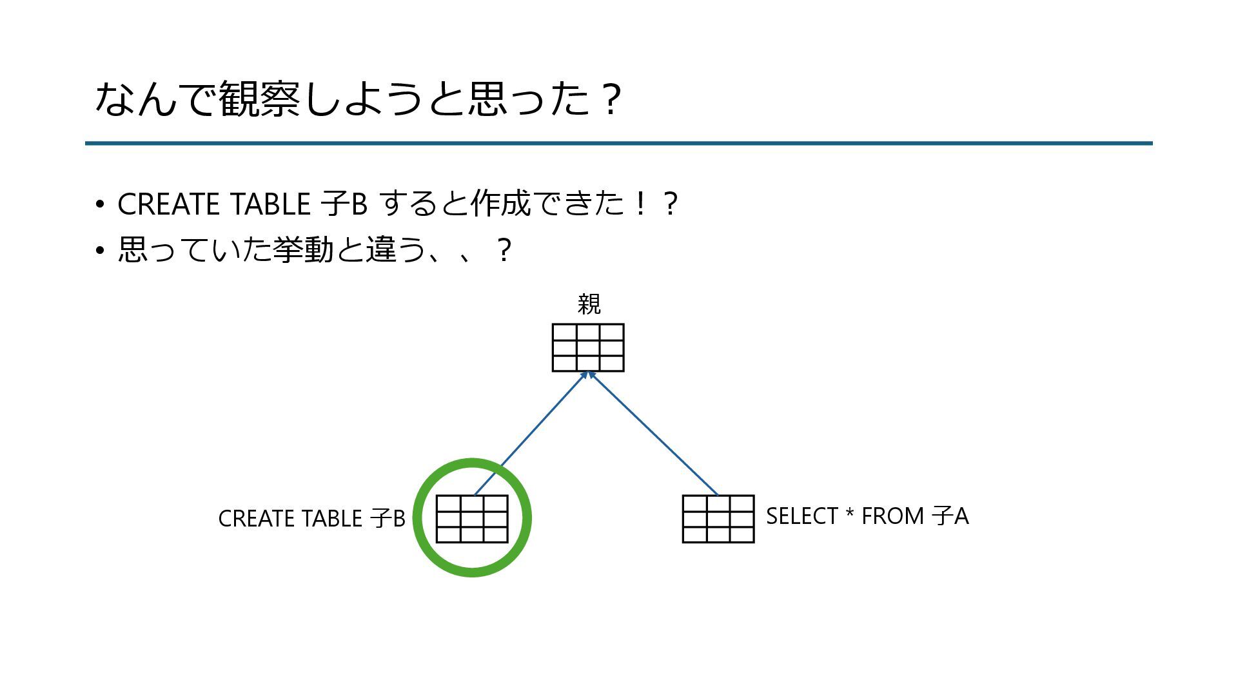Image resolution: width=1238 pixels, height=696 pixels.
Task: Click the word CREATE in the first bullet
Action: (168, 204)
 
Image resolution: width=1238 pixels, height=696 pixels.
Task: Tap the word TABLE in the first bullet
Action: (271, 204)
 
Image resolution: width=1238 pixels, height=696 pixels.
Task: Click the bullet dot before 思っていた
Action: (99, 251)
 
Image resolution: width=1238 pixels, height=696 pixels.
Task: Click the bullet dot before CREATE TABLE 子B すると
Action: (99, 205)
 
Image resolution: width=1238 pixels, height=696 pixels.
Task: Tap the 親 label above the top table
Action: (589, 304)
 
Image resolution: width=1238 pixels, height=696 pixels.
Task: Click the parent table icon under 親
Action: (588, 348)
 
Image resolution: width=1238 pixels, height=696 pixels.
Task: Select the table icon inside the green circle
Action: (472, 519)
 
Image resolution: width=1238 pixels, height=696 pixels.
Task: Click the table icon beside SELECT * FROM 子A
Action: (718, 519)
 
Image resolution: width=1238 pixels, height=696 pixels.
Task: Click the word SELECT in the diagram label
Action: (802, 516)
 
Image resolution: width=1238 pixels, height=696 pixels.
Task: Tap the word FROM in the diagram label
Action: (893, 516)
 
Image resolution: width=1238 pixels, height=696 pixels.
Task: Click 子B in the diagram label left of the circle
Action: (388, 519)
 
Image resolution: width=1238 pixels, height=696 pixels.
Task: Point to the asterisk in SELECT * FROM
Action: (850, 514)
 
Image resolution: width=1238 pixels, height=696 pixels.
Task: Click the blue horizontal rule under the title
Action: (619, 143)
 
